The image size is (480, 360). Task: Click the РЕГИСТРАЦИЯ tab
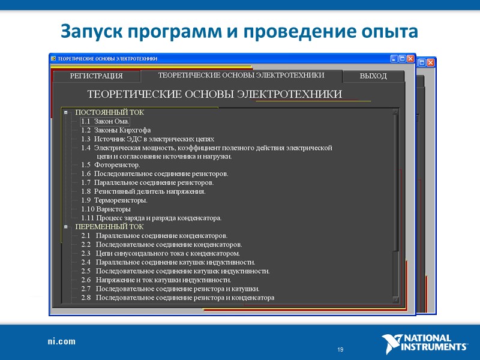click(x=96, y=76)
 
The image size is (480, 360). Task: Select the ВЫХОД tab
click(x=373, y=76)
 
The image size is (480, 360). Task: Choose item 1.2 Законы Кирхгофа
click(x=116, y=130)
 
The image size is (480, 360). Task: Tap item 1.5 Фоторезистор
click(x=110, y=165)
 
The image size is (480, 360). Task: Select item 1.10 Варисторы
click(x=106, y=209)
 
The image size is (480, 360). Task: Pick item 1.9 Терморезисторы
click(x=114, y=200)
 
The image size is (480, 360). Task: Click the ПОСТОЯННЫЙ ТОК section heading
click(x=109, y=112)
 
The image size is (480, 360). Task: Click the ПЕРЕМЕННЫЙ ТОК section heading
click(x=109, y=227)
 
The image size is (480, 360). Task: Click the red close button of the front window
click(x=410, y=59)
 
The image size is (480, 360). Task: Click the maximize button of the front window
click(x=402, y=59)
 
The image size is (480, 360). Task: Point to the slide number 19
click(x=340, y=349)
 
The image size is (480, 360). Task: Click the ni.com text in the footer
click(x=62, y=341)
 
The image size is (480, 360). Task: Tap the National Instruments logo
click(x=424, y=344)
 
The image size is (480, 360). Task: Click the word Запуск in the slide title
click(x=91, y=30)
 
